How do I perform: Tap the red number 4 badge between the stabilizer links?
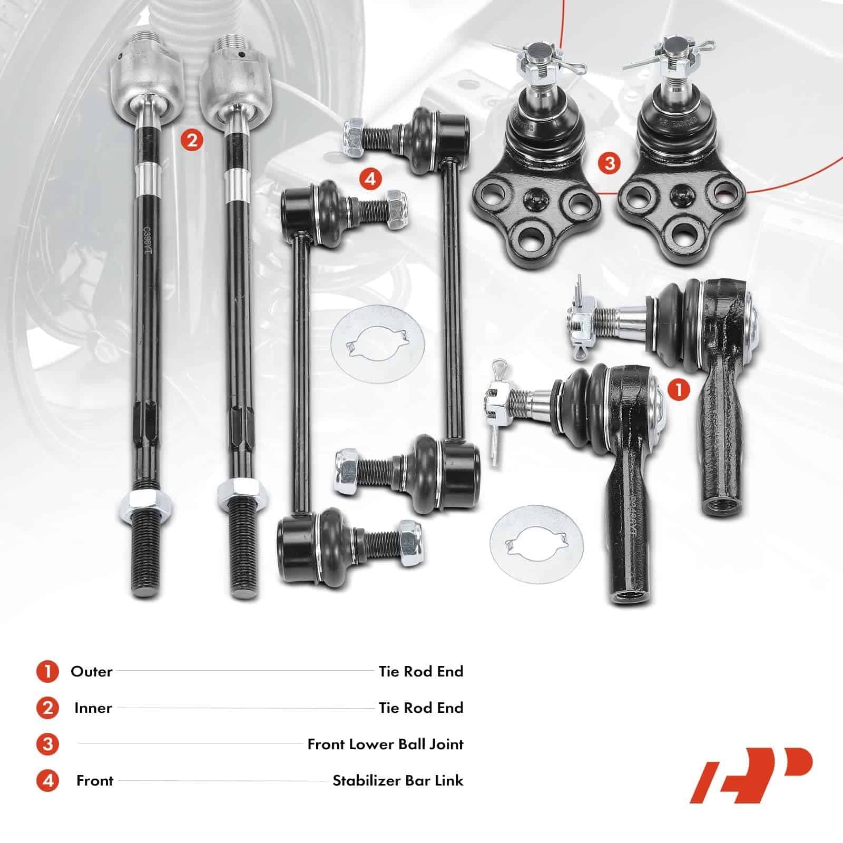click(370, 179)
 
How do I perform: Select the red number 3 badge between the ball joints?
click(610, 163)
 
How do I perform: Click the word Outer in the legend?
click(92, 672)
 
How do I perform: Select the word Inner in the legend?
click(93, 708)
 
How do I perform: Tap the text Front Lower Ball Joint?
click(386, 744)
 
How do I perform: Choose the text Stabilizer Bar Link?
click(398, 781)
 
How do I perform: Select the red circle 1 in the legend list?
click(48, 672)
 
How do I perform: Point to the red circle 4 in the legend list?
click(48, 781)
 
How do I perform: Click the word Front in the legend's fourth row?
click(95, 781)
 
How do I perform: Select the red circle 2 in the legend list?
click(48, 708)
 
